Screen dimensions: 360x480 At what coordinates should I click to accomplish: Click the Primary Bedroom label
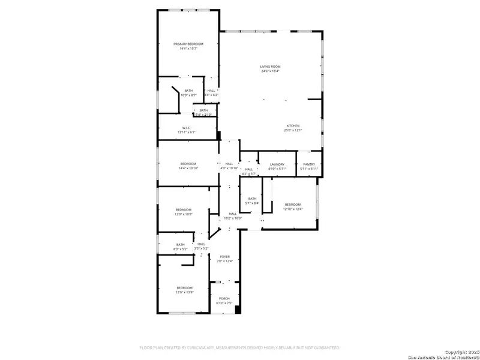188,44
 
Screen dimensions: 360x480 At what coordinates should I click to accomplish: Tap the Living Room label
270,66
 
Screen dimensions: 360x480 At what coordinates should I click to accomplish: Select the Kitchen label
292,125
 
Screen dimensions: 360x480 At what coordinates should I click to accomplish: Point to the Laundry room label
277,164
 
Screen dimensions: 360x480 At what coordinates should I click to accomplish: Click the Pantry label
309,164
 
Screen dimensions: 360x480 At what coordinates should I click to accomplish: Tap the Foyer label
224,256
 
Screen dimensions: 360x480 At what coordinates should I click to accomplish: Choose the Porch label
224,298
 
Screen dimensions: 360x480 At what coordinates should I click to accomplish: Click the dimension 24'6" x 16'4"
270,71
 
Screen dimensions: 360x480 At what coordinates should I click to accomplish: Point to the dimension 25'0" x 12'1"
292,130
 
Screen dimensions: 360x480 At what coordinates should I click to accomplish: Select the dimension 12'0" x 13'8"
184,292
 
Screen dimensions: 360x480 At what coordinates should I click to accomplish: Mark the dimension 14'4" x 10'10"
188,169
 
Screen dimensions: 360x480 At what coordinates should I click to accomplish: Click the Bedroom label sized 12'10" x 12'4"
292,204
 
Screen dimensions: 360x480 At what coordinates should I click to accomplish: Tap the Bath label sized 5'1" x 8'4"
252,199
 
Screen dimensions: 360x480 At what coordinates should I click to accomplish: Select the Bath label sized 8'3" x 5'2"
181,244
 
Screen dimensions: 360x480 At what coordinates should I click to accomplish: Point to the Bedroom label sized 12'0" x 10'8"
184,209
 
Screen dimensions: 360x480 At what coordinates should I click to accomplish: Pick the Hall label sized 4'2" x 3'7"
248,169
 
